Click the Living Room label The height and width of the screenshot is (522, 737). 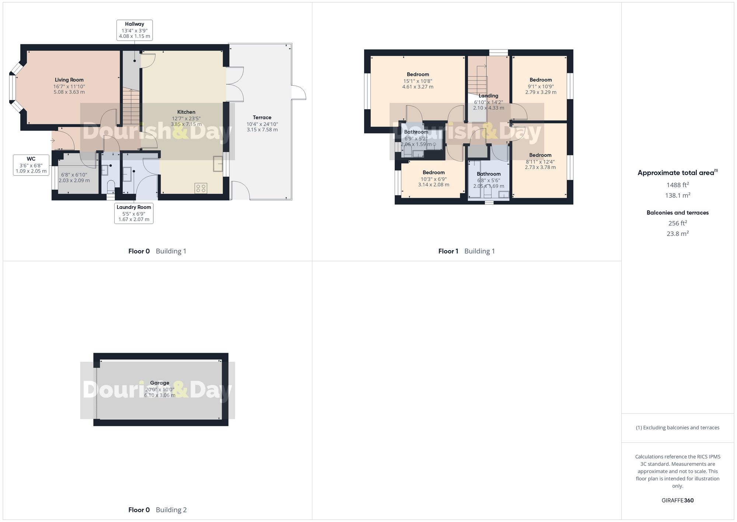(x=69, y=80)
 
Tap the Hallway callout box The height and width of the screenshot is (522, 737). (x=135, y=30)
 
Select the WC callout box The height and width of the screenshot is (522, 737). (x=31, y=165)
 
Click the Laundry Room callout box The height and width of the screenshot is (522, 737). (x=134, y=213)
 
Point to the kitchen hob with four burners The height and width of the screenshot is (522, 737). (x=201, y=189)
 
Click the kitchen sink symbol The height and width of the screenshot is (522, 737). (x=218, y=164)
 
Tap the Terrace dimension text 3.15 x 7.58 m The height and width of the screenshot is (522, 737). (x=262, y=129)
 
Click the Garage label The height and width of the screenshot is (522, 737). (x=160, y=383)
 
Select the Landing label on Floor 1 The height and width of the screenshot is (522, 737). (x=488, y=96)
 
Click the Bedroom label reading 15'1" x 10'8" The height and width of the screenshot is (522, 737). (x=418, y=75)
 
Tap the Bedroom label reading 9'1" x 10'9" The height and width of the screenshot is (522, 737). (x=541, y=80)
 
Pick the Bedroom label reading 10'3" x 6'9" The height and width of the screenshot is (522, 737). (x=433, y=172)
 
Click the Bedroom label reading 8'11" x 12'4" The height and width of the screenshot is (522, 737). (x=540, y=155)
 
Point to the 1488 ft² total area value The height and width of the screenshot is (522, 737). (x=677, y=185)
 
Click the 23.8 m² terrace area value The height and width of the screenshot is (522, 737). (x=677, y=234)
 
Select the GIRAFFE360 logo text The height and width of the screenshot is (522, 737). (x=677, y=500)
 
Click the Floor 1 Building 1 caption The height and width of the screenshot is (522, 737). (x=467, y=251)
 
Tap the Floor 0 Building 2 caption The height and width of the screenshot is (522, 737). (x=157, y=510)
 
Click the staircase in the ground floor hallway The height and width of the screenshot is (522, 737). (x=131, y=107)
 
